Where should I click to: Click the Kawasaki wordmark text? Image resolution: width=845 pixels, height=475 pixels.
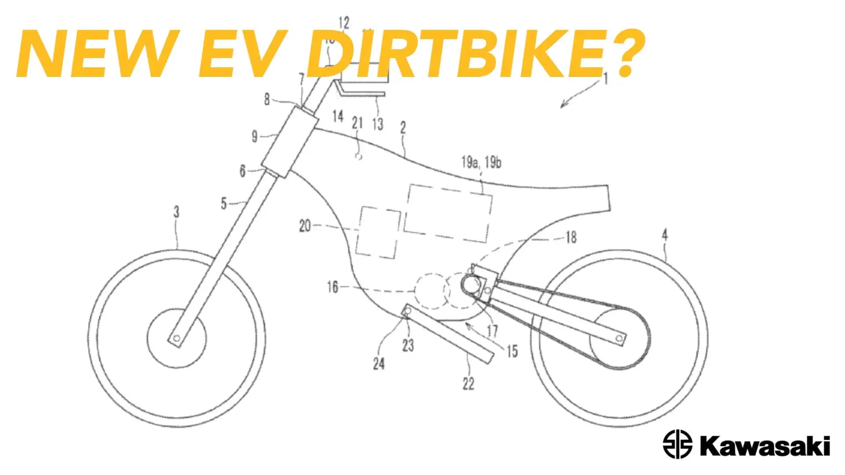[x=764, y=446]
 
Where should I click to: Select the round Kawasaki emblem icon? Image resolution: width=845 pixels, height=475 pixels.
[x=677, y=444]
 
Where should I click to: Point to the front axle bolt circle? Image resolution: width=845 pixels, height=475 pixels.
[x=176, y=338]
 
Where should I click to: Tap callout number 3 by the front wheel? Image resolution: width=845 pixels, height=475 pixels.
[x=176, y=212]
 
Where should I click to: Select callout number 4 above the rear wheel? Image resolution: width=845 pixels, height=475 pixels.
[x=665, y=235]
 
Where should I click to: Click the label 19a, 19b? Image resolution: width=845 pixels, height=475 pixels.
[x=481, y=162]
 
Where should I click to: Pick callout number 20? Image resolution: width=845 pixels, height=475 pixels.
[x=305, y=226]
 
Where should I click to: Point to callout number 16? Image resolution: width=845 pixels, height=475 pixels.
[x=332, y=287]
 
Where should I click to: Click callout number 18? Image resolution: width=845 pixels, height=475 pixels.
[x=571, y=237]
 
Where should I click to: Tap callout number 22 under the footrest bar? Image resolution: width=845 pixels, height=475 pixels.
[x=468, y=384]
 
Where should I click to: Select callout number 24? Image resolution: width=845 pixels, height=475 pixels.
[x=378, y=363]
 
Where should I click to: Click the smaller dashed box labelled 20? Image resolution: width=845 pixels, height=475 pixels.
[x=378, y=232]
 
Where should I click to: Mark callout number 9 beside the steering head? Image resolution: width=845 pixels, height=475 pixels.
[x=254, y=136]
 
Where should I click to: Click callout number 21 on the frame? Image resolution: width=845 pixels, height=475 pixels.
[x=357, y=123]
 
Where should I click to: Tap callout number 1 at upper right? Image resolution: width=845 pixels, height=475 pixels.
[x=606, y=79]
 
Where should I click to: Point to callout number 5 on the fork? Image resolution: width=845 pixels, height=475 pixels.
[x=224, y=203]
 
